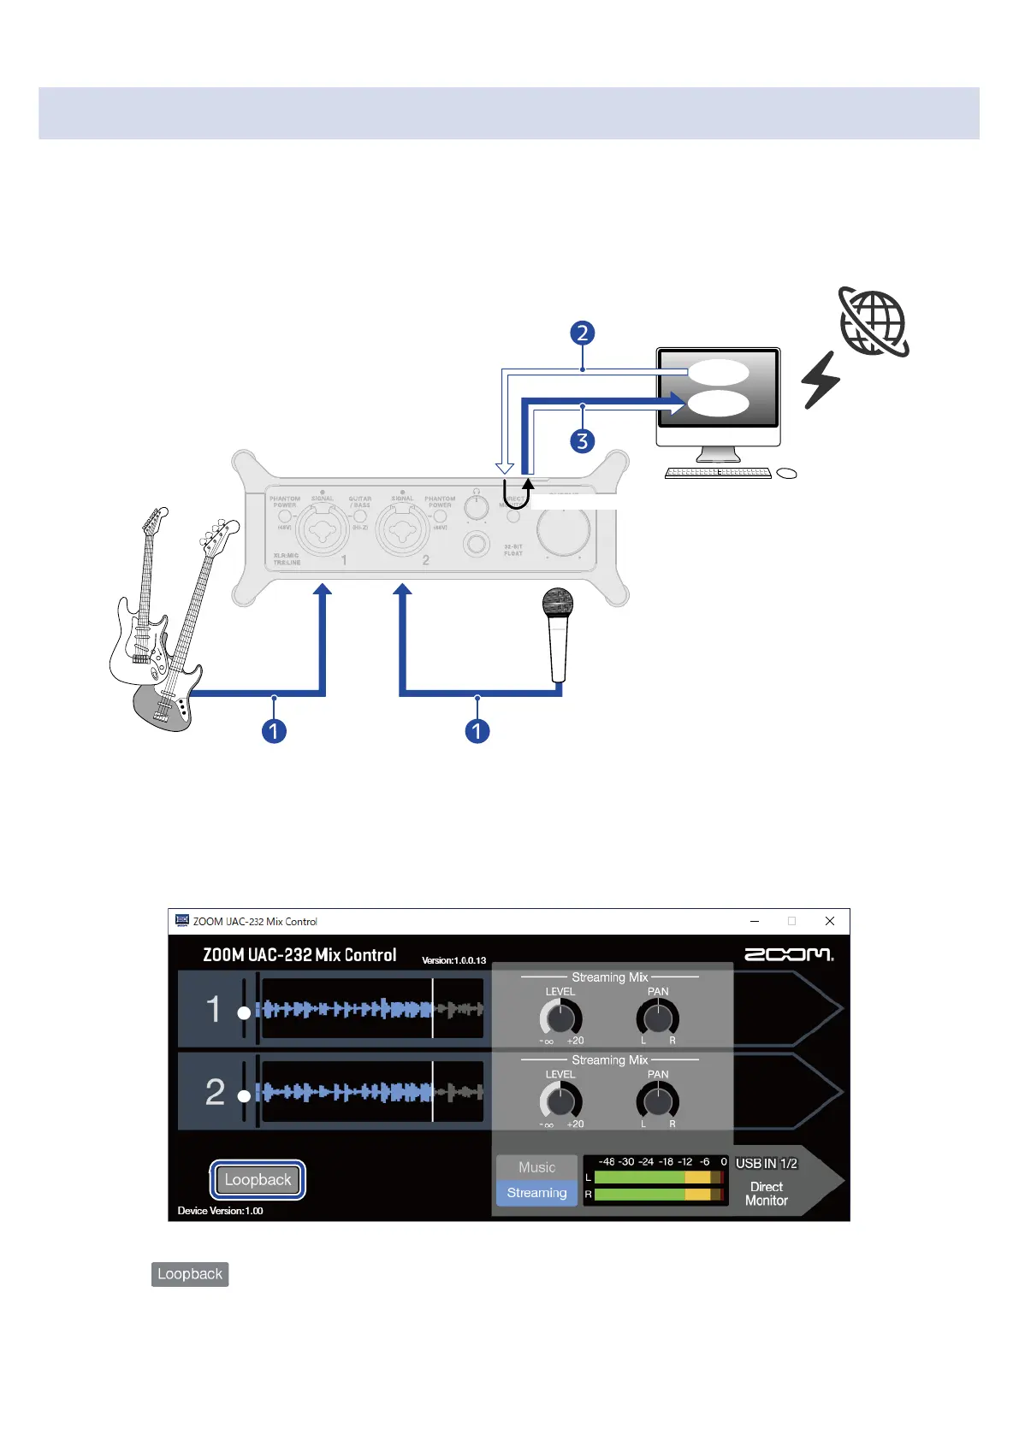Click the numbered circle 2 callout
pos(583,333)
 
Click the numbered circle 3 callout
pos(583,441)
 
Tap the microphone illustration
pos(558,633)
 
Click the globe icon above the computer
pos(874,322)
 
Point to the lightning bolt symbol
pos(821,380)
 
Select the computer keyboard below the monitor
pos(719,473)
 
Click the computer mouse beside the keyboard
pos(786,474)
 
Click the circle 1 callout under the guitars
pos(274,731)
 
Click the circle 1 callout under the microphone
pos(477,731)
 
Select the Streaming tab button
pos(536,1193)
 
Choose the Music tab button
pos(536,1167)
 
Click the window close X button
pos(829,921)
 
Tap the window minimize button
pos(755,921)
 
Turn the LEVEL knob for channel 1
pos(560,1018)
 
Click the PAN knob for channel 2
pos(657,1101)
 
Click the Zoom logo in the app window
pos(788,954)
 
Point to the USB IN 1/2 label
pos(767,1164)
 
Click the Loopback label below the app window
pos(190,1274)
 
